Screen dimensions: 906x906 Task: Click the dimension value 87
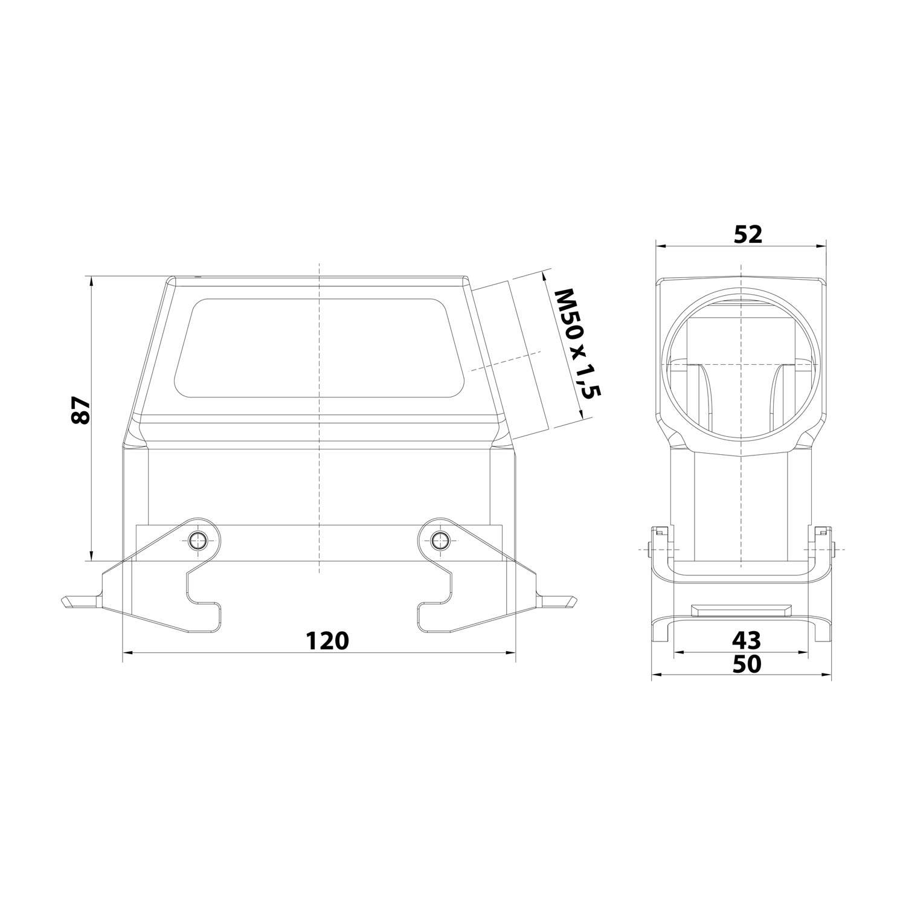[81, 411]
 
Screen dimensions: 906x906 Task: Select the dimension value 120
[327, 640]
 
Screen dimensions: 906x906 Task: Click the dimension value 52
[748, 234]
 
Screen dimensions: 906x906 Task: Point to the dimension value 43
[747, 638]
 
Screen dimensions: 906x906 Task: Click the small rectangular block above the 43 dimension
[741, 609]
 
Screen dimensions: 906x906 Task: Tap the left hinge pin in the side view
[649, 550]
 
